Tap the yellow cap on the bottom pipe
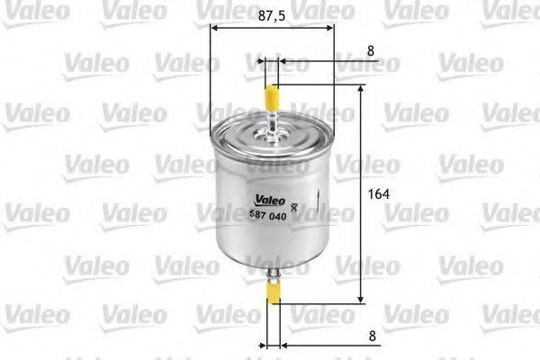tap(274, 290)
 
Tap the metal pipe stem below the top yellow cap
tap(271, 120)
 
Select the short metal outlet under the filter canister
tap(274, 268)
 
